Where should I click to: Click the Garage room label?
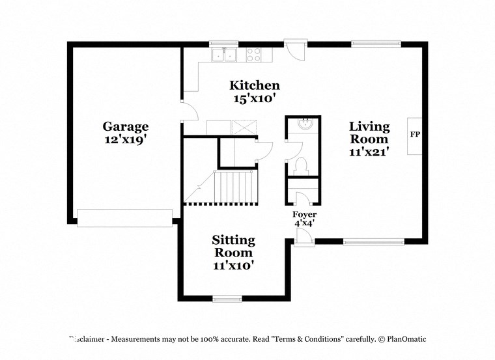click(x=125, y=126)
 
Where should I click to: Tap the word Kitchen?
click(x=255, y=85)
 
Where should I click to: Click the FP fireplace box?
click(x=415, y=135)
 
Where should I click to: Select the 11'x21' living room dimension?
click(x=369, y=152)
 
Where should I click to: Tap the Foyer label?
click(x=304, y=214)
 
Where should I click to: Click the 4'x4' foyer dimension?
click(x=304, y=224)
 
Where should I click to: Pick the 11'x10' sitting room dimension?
click(x=233, y=265)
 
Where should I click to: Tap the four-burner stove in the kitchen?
click(x=253, y=55)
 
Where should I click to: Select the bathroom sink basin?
click(x=304, y=124)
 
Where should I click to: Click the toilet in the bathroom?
click(x=301, y=165)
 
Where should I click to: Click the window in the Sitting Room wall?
click(x=227, y=299)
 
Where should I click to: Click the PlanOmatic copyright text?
click(x=401, y=339)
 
